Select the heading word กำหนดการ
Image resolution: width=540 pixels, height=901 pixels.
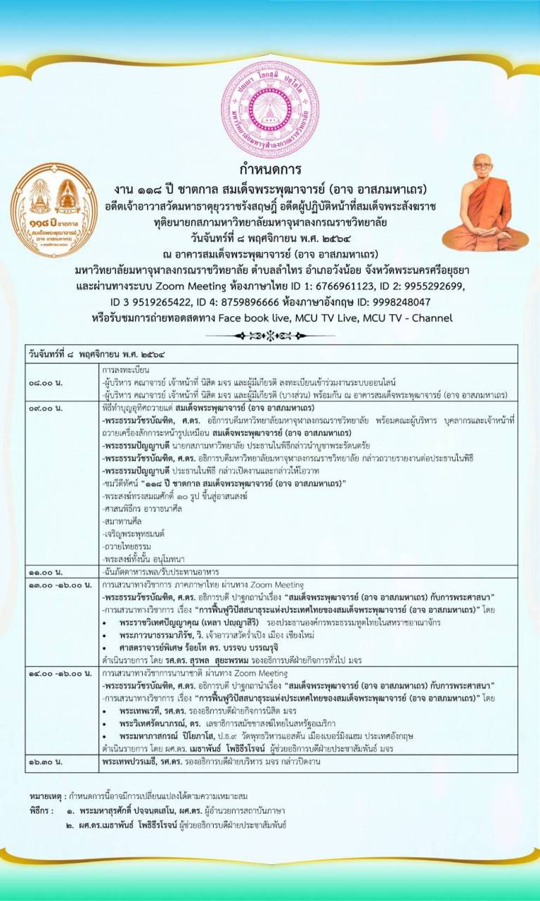click(270, 170)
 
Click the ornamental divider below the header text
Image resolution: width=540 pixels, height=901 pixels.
click(270, 336)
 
